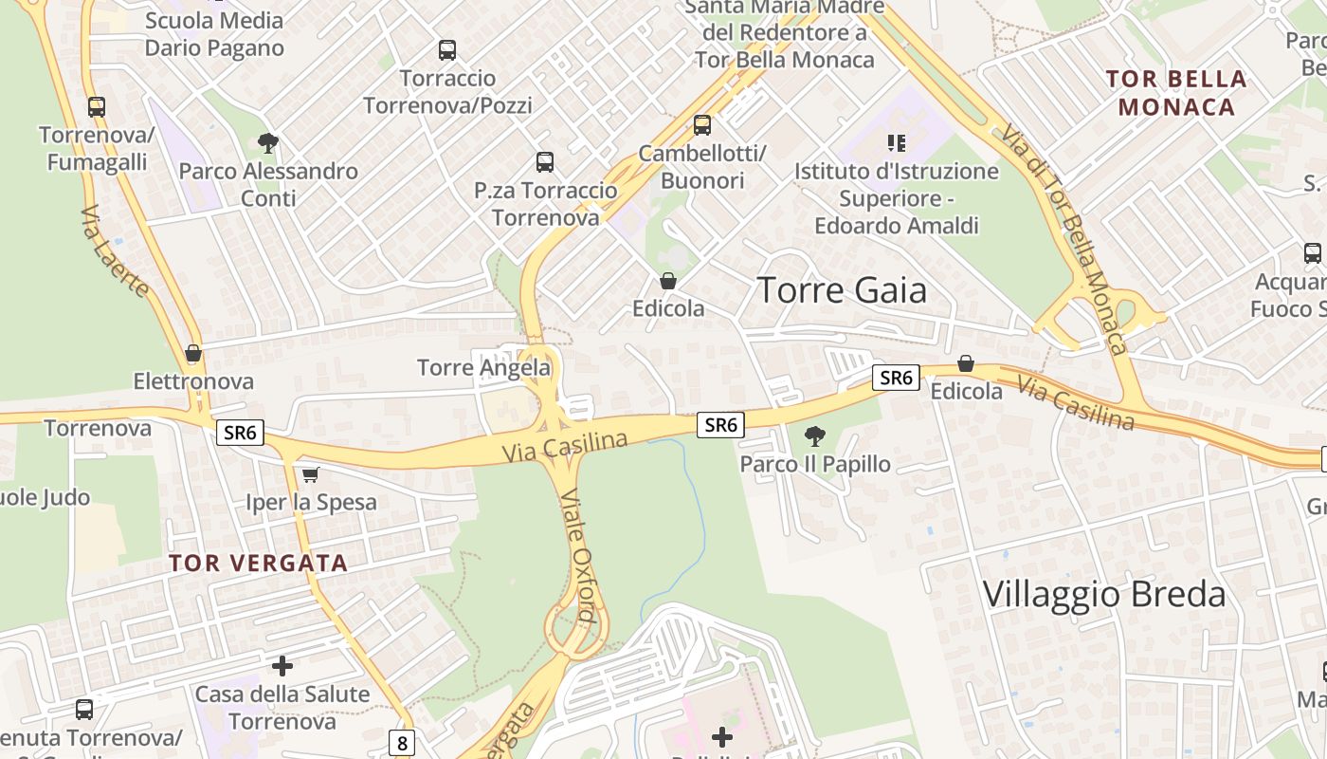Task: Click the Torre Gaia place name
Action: [842, 290]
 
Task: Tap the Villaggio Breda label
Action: [1104, 595]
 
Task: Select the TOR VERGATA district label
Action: [258, 563]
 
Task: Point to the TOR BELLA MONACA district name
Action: [1176, 93]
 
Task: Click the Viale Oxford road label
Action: [577, 555]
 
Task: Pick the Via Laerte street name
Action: [115, 251]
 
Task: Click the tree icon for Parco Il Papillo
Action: [814, 436]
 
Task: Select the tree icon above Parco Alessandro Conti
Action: [268, 143]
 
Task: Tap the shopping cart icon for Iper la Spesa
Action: [311, 474]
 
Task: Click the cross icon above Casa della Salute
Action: [282, 666]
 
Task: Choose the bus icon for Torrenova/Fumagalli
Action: [97, 107]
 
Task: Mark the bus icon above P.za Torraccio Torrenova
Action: [545, 162]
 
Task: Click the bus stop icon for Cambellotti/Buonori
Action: [702, 125]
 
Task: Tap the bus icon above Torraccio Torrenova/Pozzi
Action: [447, 50]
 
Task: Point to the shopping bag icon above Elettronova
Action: [194, 354]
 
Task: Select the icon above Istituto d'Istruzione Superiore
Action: [897, 143]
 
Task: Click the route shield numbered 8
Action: [402, 743]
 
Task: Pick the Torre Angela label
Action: [483, 367]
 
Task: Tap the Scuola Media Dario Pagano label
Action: [214, 34]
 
